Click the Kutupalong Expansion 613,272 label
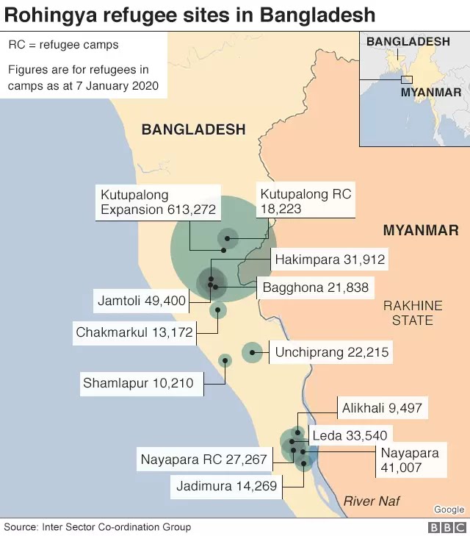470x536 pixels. (158, 202)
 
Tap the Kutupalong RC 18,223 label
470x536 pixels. (305, 201)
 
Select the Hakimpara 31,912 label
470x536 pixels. (330, 260)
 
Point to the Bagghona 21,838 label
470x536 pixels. (316, 287)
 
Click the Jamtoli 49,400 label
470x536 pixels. (141, 301)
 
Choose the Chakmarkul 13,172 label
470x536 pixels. (134, 332)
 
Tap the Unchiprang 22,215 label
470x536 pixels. (330, 353)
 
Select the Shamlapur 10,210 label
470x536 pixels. (138, 383)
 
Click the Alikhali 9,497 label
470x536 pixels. (382, 408)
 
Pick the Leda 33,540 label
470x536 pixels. (350, 436)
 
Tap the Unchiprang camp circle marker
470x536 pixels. (252, 353)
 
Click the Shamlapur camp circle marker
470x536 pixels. (225, 360)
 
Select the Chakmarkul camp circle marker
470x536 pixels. (218, 310)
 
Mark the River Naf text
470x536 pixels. (372, 501)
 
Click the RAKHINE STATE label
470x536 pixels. (412, 312)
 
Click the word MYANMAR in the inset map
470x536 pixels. (430, 93)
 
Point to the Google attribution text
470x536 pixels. (449, 510)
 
